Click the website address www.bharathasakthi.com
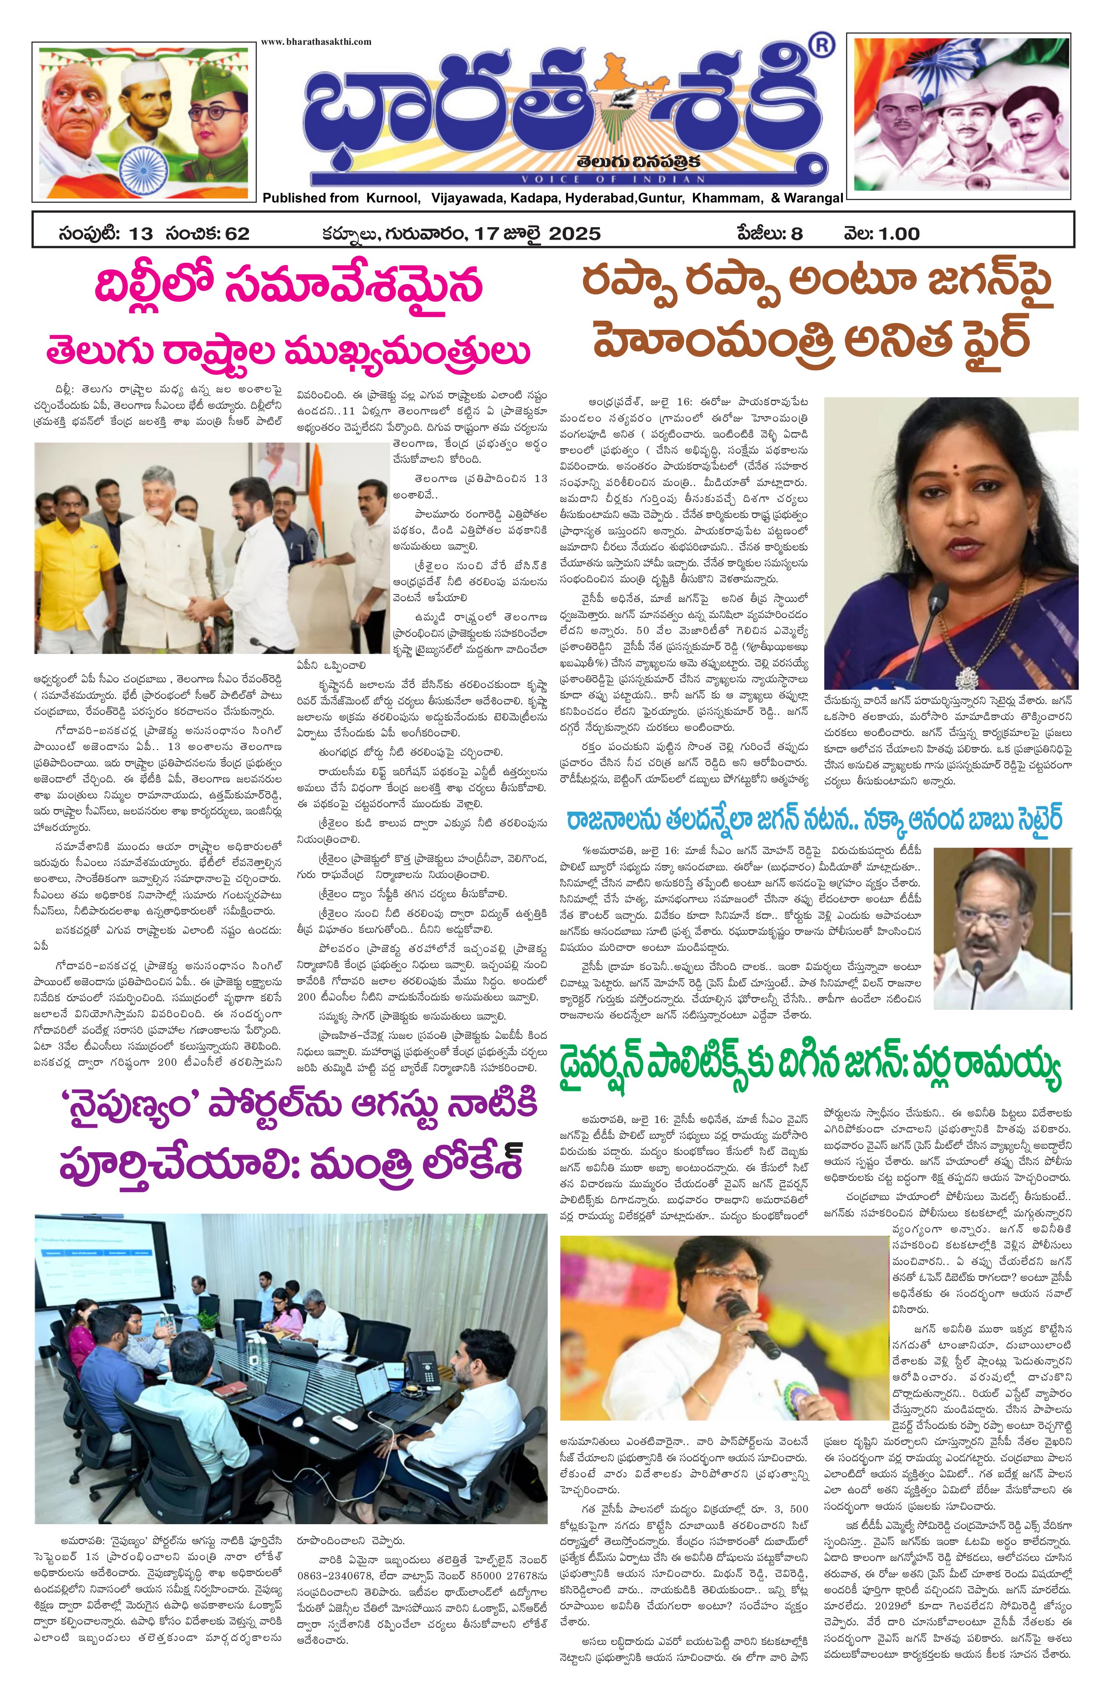[x=316, y=42]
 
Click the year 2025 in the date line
[x=576, y=234]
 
